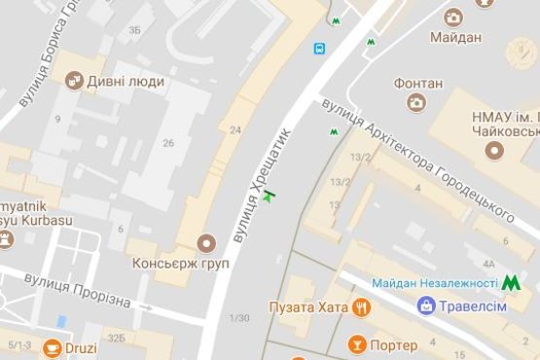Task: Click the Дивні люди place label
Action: pyautogui.click(x=126, y=81)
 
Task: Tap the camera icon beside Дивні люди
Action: pyautogui.click(x=74, y=81)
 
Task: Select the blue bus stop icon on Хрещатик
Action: pyautogui.click(x=319, y=48)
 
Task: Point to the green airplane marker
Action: pyautogui.click(x=270, y=198)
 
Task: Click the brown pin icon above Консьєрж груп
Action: pyautogui.click(x=204, y=242)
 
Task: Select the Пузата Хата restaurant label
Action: pyautogui.click(x=308, y=308)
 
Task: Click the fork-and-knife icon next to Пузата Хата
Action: pyautogui.click(x=362, y=308)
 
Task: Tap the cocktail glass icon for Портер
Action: pyautogui.click(x=357, y=344)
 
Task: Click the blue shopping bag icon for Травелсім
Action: pyautogui.click(x=425, y=306)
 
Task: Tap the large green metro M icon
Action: pyautogui.click(x=511, y=283)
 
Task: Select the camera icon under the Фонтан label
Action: pyautogui.click(x=415, y=102)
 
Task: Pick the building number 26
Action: pyautogui.click(x=168, y=143)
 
